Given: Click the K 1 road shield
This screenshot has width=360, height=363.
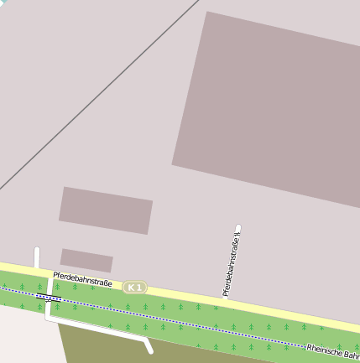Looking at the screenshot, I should (x=134, y=288).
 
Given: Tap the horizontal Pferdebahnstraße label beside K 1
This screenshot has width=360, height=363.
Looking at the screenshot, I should (x=82, y=278).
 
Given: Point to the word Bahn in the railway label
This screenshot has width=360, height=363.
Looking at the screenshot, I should (x=351, y=355).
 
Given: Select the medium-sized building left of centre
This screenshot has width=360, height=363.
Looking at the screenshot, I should (x=105, y=210).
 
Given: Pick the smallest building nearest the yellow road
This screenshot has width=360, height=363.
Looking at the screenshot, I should (x=86, y=260).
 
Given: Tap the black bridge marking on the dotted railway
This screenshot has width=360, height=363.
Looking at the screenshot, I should (x=49, y=297).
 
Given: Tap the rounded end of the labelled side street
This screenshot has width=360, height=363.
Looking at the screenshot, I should (x=238, y=227).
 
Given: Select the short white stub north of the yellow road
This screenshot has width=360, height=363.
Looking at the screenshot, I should (x=37, y=257).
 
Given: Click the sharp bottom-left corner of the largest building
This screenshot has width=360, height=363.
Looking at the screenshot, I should (x=173, y=163).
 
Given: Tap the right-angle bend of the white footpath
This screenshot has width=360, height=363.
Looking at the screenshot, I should (x=47, y=319).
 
